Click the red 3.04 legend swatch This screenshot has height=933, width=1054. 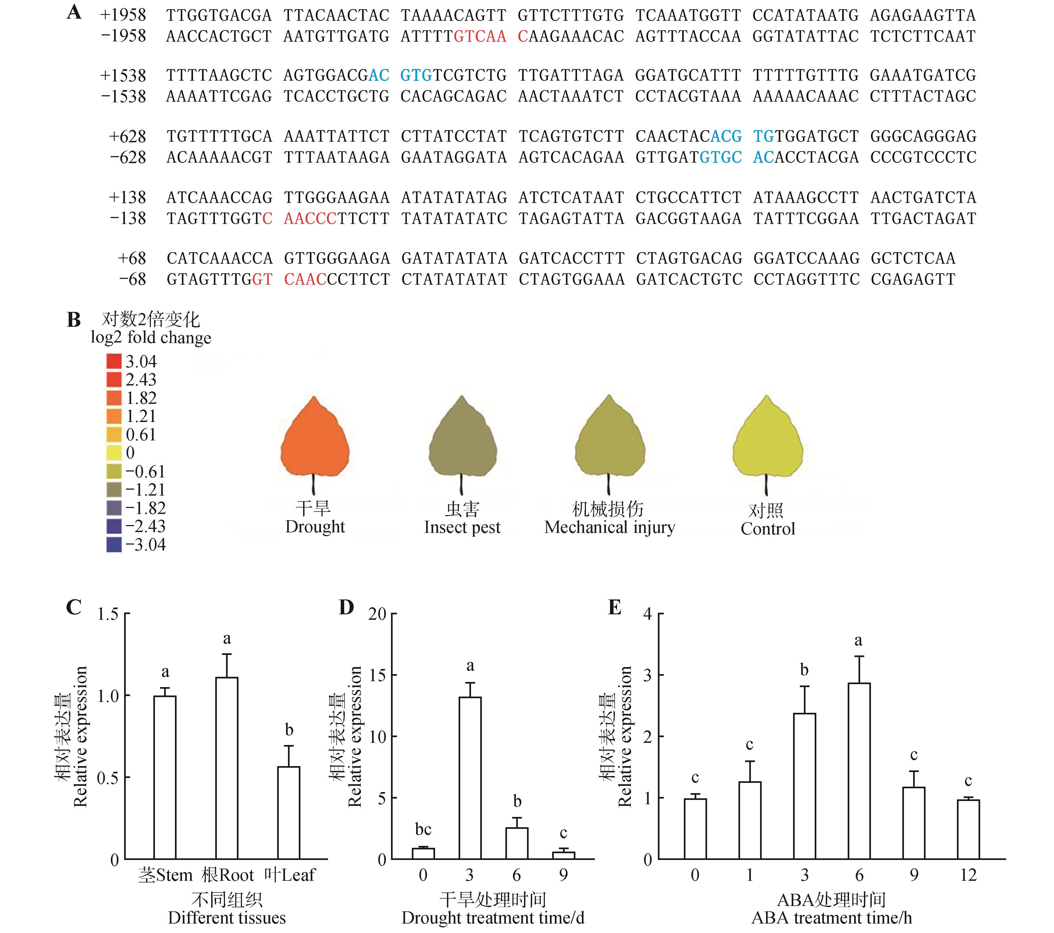114,361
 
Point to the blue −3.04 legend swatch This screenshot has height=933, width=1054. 114,545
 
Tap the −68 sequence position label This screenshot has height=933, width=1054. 132,279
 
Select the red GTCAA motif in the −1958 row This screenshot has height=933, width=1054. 480,36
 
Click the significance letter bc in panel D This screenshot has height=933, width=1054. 423,829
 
